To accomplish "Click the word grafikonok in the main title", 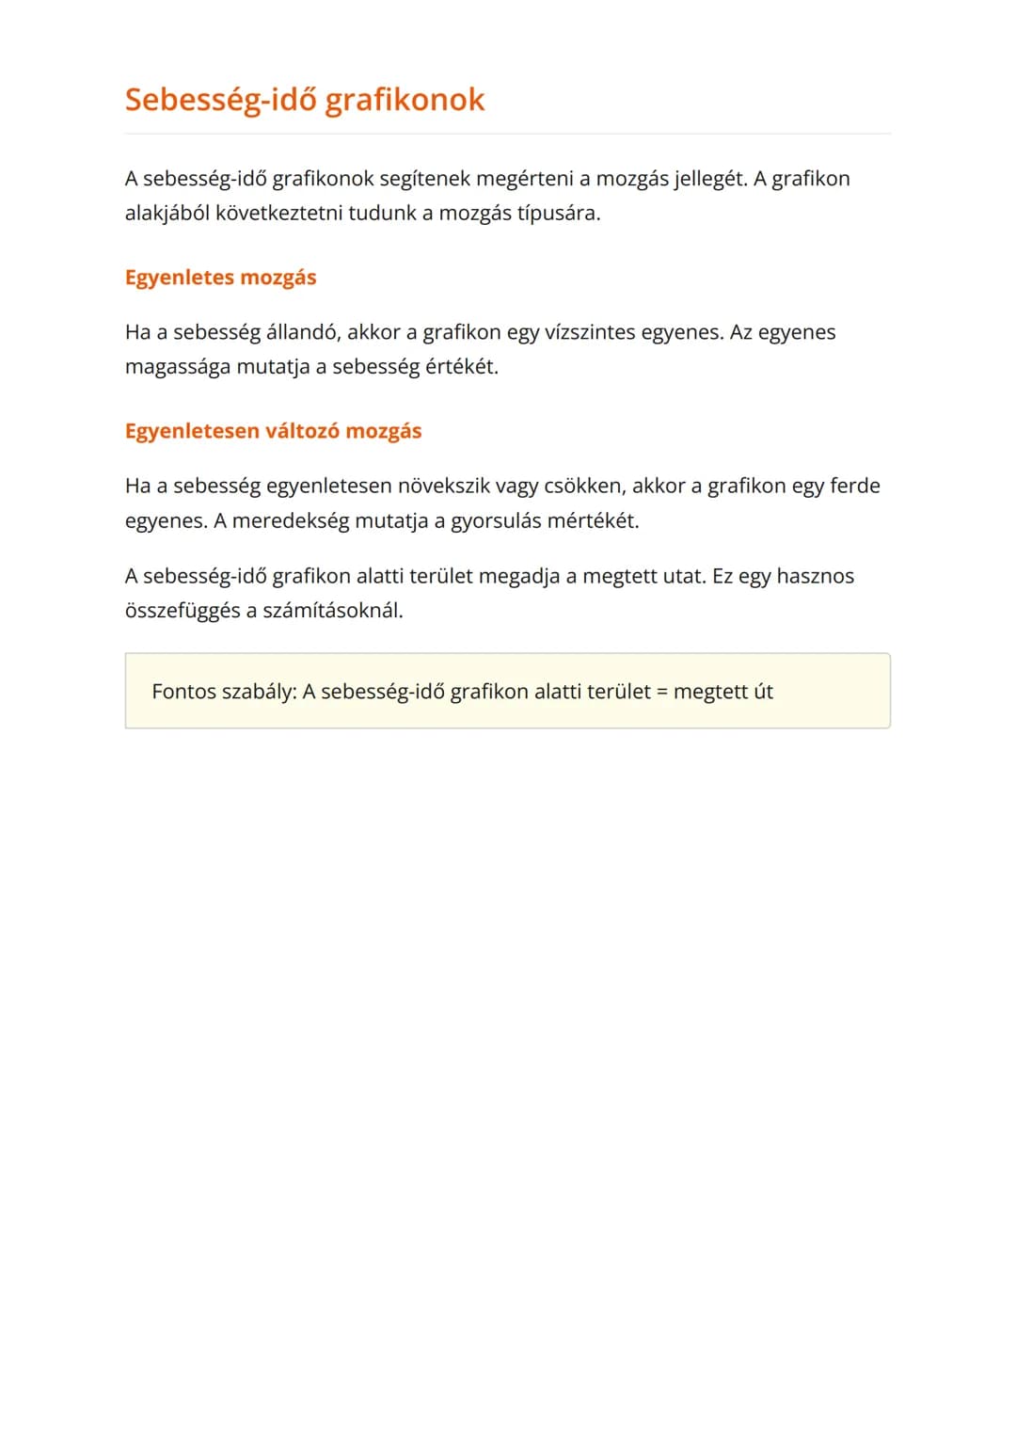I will (405, 100).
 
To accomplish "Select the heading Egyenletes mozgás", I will (220, 278).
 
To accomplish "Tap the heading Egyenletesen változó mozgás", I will (273, 431).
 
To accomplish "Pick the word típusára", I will (558, 214).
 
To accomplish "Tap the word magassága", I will (177, 367).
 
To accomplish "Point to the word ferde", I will (854, 486).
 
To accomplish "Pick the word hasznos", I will (815, 576).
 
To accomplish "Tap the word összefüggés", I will (182, 611).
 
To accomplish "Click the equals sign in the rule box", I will (661, 693).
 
